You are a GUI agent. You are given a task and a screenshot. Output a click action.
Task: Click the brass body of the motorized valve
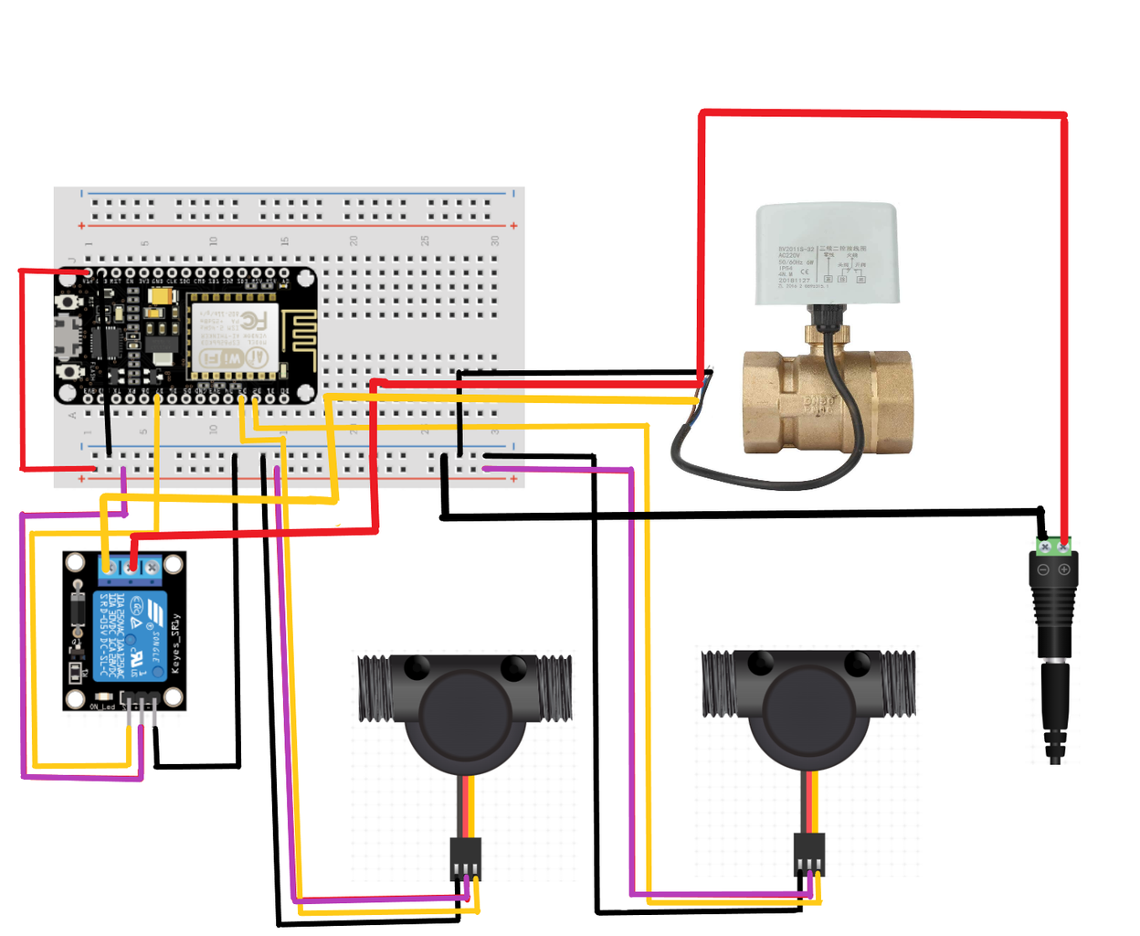(827, 402)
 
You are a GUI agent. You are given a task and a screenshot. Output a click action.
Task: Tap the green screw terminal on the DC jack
(1053, 547)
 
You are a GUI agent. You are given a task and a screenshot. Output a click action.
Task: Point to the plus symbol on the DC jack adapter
(1064, 569)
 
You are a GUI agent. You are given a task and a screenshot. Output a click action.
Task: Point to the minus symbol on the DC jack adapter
(1043, 569)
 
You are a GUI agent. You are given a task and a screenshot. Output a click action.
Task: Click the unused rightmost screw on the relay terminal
(152, 568)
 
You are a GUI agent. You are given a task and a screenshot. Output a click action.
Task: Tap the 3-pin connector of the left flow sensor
(466, 858)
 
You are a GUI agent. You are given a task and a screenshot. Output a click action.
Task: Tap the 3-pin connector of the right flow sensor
(808, 855)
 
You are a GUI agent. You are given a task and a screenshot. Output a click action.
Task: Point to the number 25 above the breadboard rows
(425, 240)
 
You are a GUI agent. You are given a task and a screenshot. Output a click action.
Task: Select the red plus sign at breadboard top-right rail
(514, 226)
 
